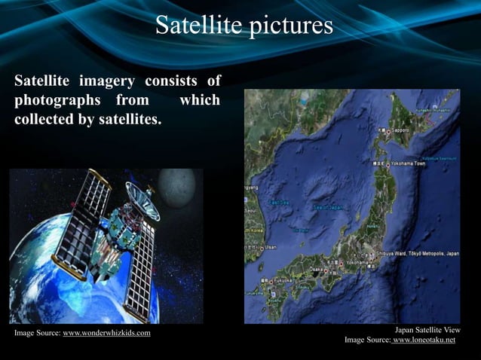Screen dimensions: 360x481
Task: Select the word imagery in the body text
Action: (105, 81)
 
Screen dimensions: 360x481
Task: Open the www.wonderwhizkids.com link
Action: (106, 333)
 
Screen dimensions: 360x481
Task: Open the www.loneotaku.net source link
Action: (424, 340)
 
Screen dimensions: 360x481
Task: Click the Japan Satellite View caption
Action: (427, 330)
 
